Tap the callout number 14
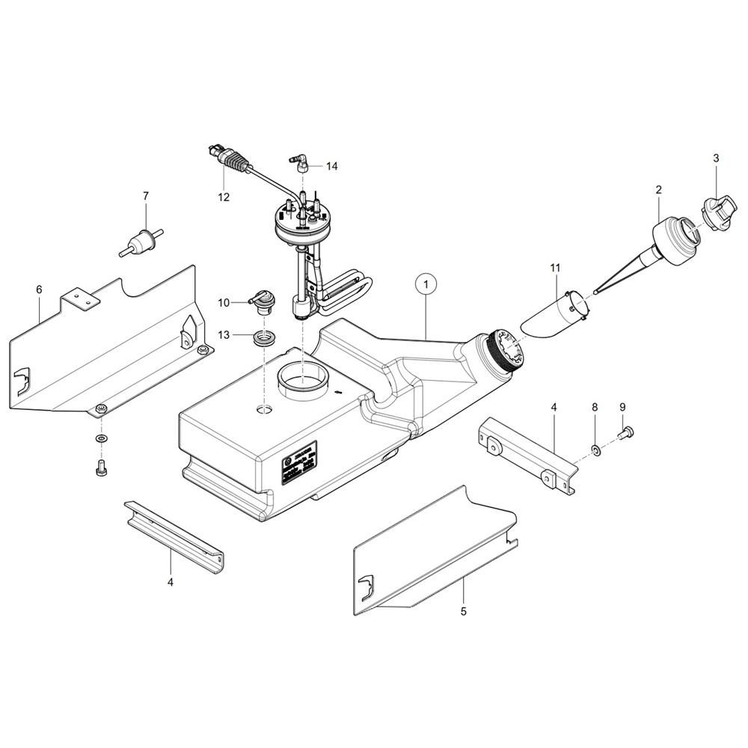331,166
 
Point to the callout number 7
146,196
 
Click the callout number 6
39,289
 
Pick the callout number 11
554,266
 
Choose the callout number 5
464,611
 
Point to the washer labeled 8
595,450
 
